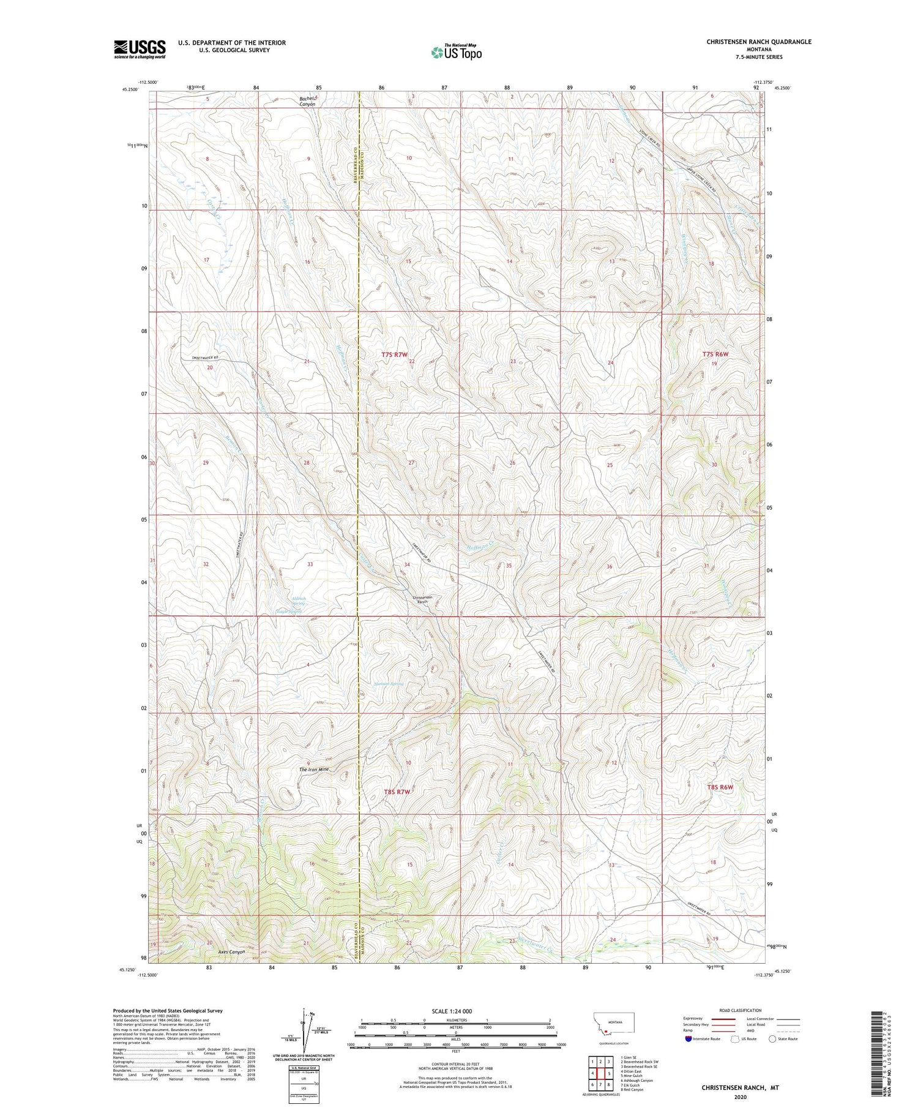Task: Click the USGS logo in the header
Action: pos(140,49)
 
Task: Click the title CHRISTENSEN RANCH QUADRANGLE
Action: pos(758,42)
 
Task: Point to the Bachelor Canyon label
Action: pos(308,101)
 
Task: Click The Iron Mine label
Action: pos(314,769)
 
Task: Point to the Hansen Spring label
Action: pos(389,684)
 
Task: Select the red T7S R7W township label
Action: pos(394,354)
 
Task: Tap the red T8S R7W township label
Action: pos(397,792)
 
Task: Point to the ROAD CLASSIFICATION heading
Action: pos(741,1010)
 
